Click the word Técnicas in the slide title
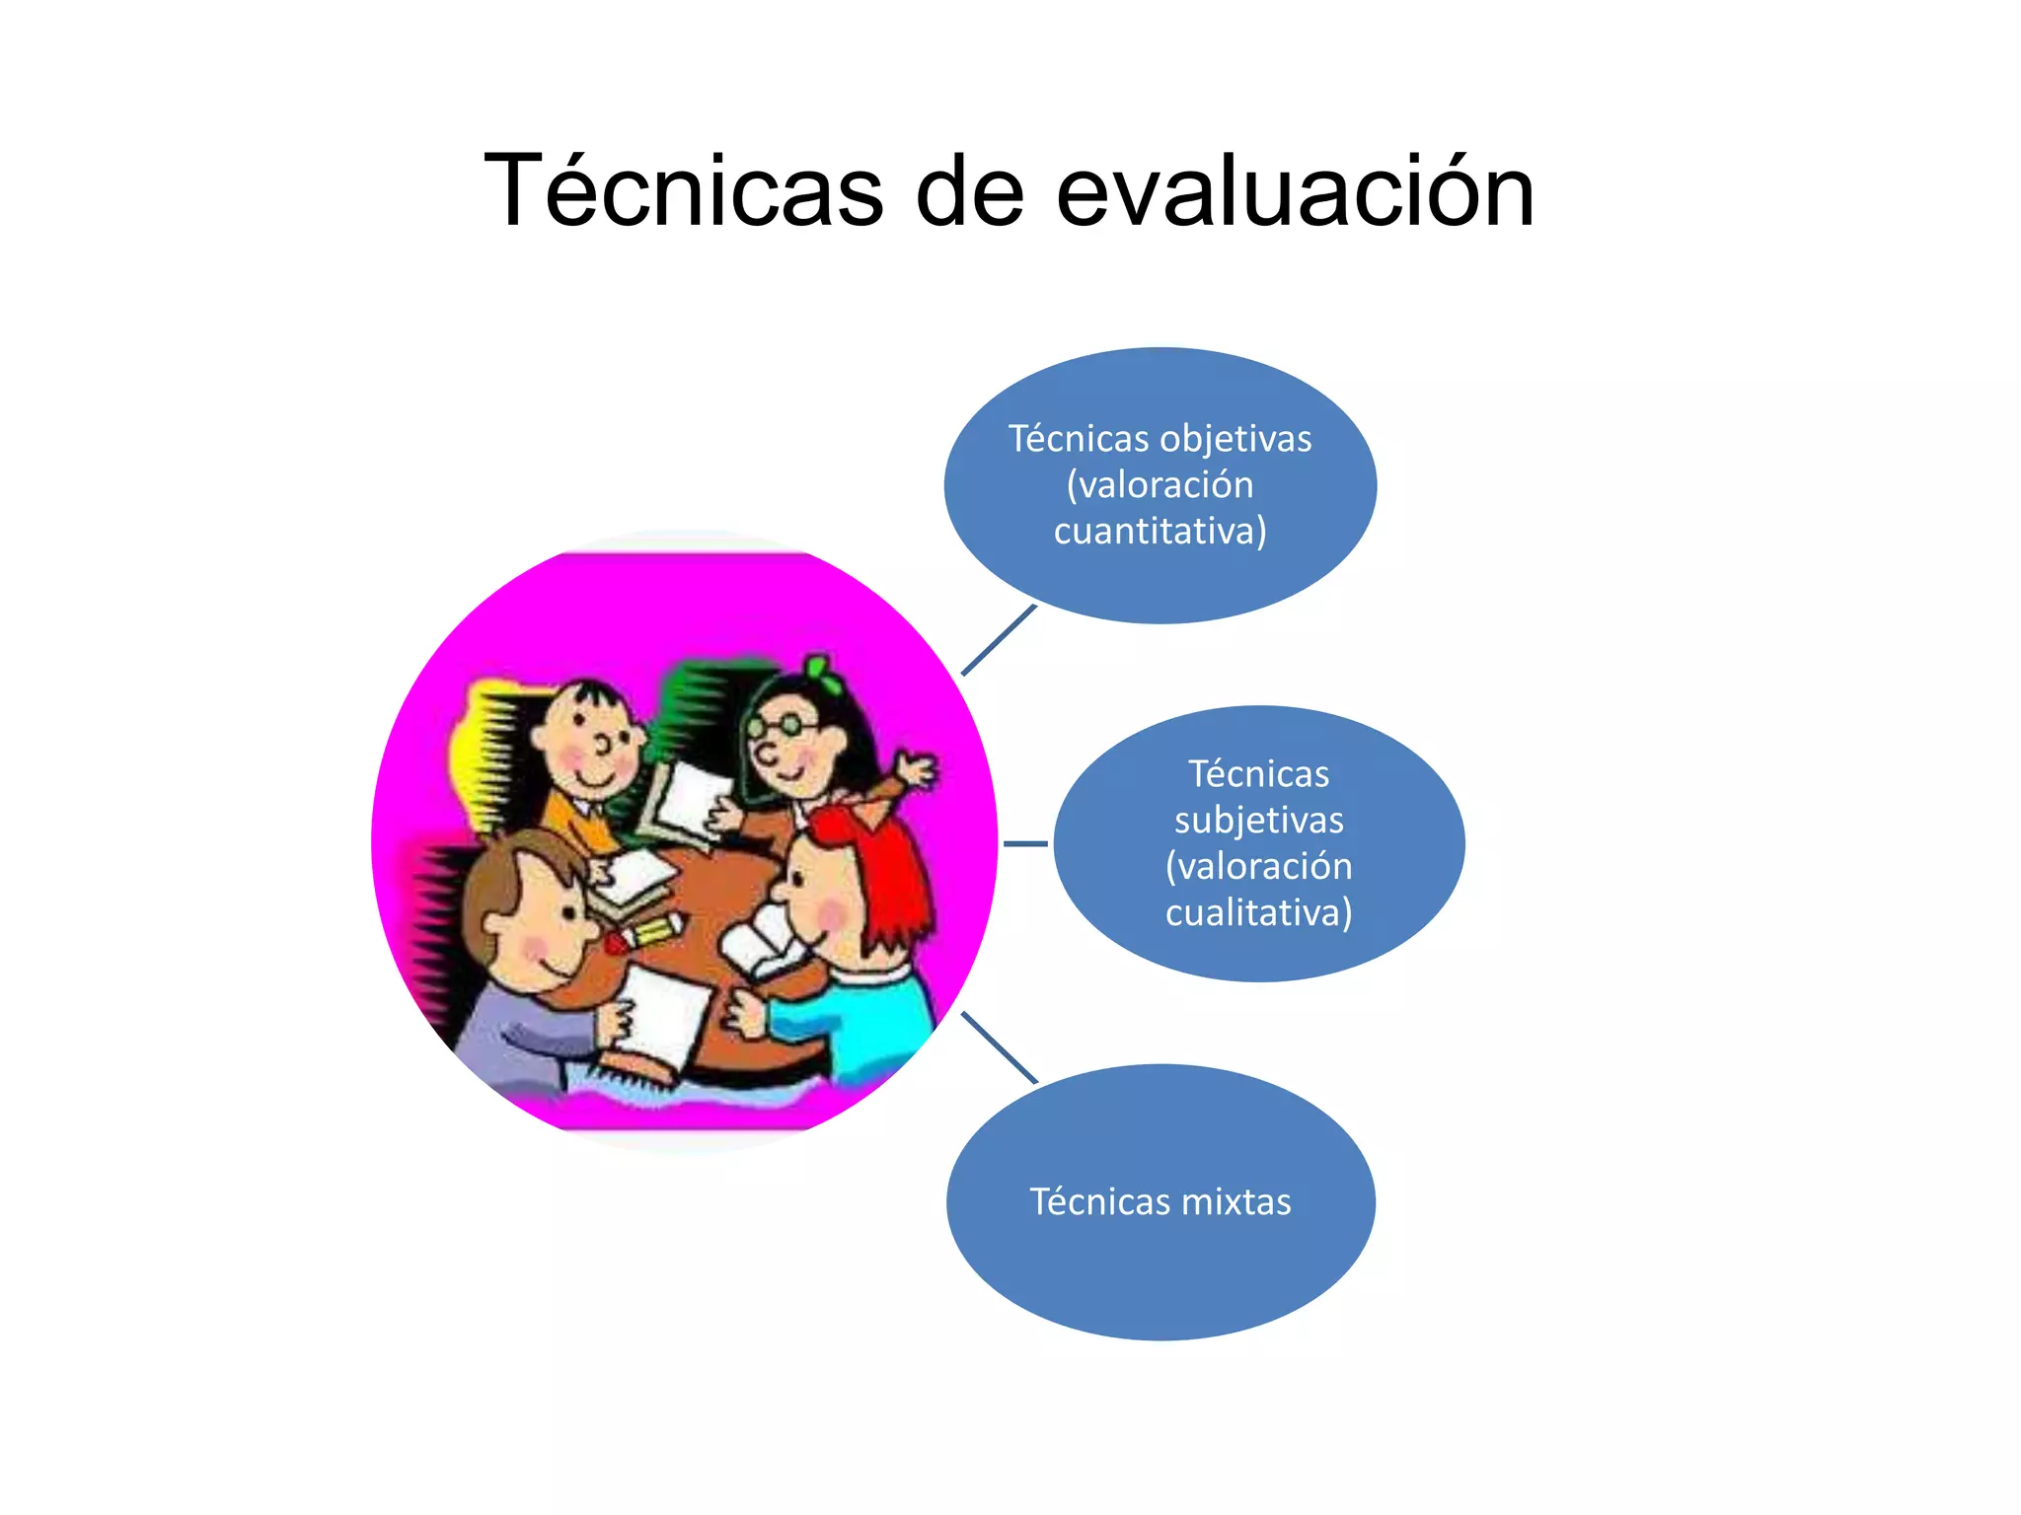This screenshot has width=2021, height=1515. (683, 190)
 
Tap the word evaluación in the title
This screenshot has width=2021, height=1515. (1295, 190)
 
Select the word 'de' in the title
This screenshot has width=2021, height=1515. (969, 190)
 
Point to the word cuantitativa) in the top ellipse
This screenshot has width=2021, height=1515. (1160, 532)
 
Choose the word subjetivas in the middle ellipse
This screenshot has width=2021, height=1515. (1258, 821)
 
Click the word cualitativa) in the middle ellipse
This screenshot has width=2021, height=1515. (1258, 912)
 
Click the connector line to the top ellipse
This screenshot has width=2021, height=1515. (999, 640)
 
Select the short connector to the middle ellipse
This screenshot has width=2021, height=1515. (1025, 844)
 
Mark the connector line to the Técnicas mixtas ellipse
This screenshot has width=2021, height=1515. (999, 1047)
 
